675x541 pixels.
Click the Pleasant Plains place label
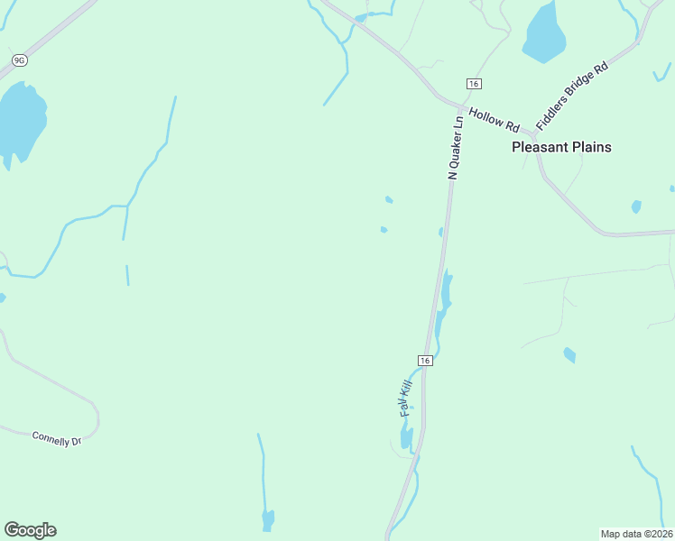(561, 147)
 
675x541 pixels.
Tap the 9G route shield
(19, 60)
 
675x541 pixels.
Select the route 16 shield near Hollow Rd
(473, 84)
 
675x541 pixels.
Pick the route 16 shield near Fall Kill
(426, 360)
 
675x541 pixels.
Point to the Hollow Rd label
(495, 118)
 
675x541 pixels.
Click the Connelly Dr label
(57, 438)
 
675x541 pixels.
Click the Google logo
(30, 530)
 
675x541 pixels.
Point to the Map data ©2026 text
(636, 534)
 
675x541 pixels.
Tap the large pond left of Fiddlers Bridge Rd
(544, 32)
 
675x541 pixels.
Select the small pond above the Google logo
(268, 519)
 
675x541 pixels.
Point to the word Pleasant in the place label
(540, 147)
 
